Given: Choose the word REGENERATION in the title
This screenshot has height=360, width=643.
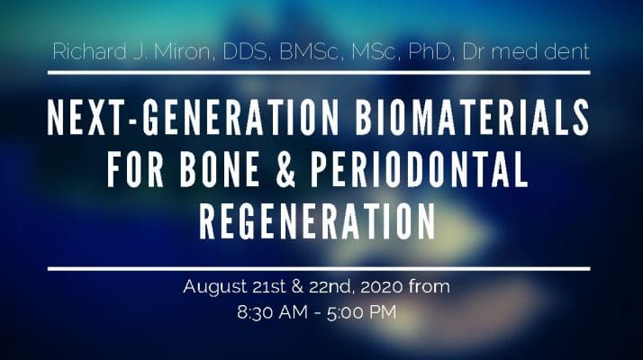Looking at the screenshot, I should pyautogui.click(x=321, y=220).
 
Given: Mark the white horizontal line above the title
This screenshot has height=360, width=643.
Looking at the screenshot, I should pyautogui.click(x=321, y=72).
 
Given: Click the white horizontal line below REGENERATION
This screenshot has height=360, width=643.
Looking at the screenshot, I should pyautogui.click(x=321, y=268).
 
